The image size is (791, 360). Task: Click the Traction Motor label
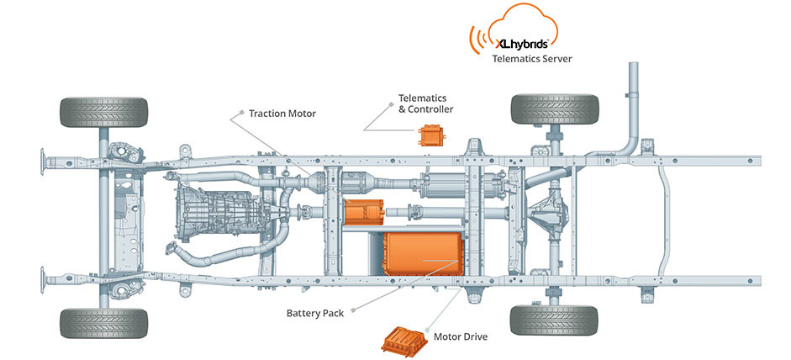[x=282, y=113]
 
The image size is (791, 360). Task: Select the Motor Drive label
[x=460, y=336]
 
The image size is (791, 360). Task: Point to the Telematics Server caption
[x=530, y=59]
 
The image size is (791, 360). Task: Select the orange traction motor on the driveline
[x=362, y=210]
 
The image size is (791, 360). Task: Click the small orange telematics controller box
[x=433, y=135]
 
